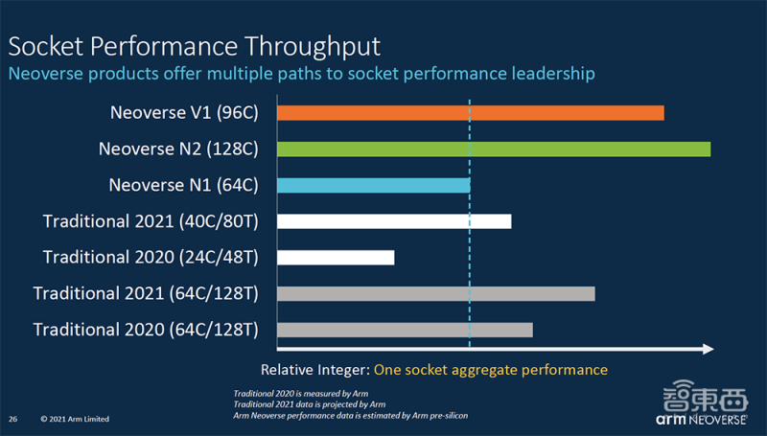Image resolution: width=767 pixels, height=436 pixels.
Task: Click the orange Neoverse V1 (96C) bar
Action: pos(470,113)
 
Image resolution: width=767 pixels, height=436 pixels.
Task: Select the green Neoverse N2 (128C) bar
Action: pos(493,149)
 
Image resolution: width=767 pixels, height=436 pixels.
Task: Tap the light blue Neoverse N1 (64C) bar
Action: pos(373,185)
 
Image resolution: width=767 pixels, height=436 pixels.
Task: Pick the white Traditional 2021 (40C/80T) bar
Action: pos(393,221)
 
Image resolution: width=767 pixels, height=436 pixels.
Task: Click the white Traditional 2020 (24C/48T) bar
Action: pos(335,257)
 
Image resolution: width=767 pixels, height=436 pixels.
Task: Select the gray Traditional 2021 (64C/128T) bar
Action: pos(435,293)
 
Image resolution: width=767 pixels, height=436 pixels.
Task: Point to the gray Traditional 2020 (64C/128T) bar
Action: pos(404,330)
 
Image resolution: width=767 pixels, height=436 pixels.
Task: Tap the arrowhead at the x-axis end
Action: pos(708,349)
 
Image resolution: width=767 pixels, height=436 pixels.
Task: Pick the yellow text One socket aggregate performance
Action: pos(491,370)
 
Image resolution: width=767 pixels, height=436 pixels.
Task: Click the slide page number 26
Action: pos(13,419)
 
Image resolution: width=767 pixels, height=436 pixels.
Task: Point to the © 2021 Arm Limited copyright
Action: pos(75,419)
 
